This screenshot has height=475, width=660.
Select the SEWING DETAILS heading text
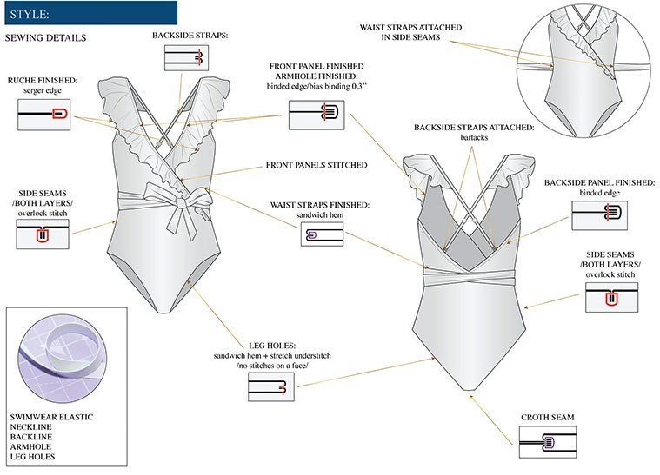[45, 39]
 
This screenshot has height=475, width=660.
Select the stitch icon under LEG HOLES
[273, 391]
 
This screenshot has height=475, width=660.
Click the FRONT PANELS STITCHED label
[318, 165]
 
